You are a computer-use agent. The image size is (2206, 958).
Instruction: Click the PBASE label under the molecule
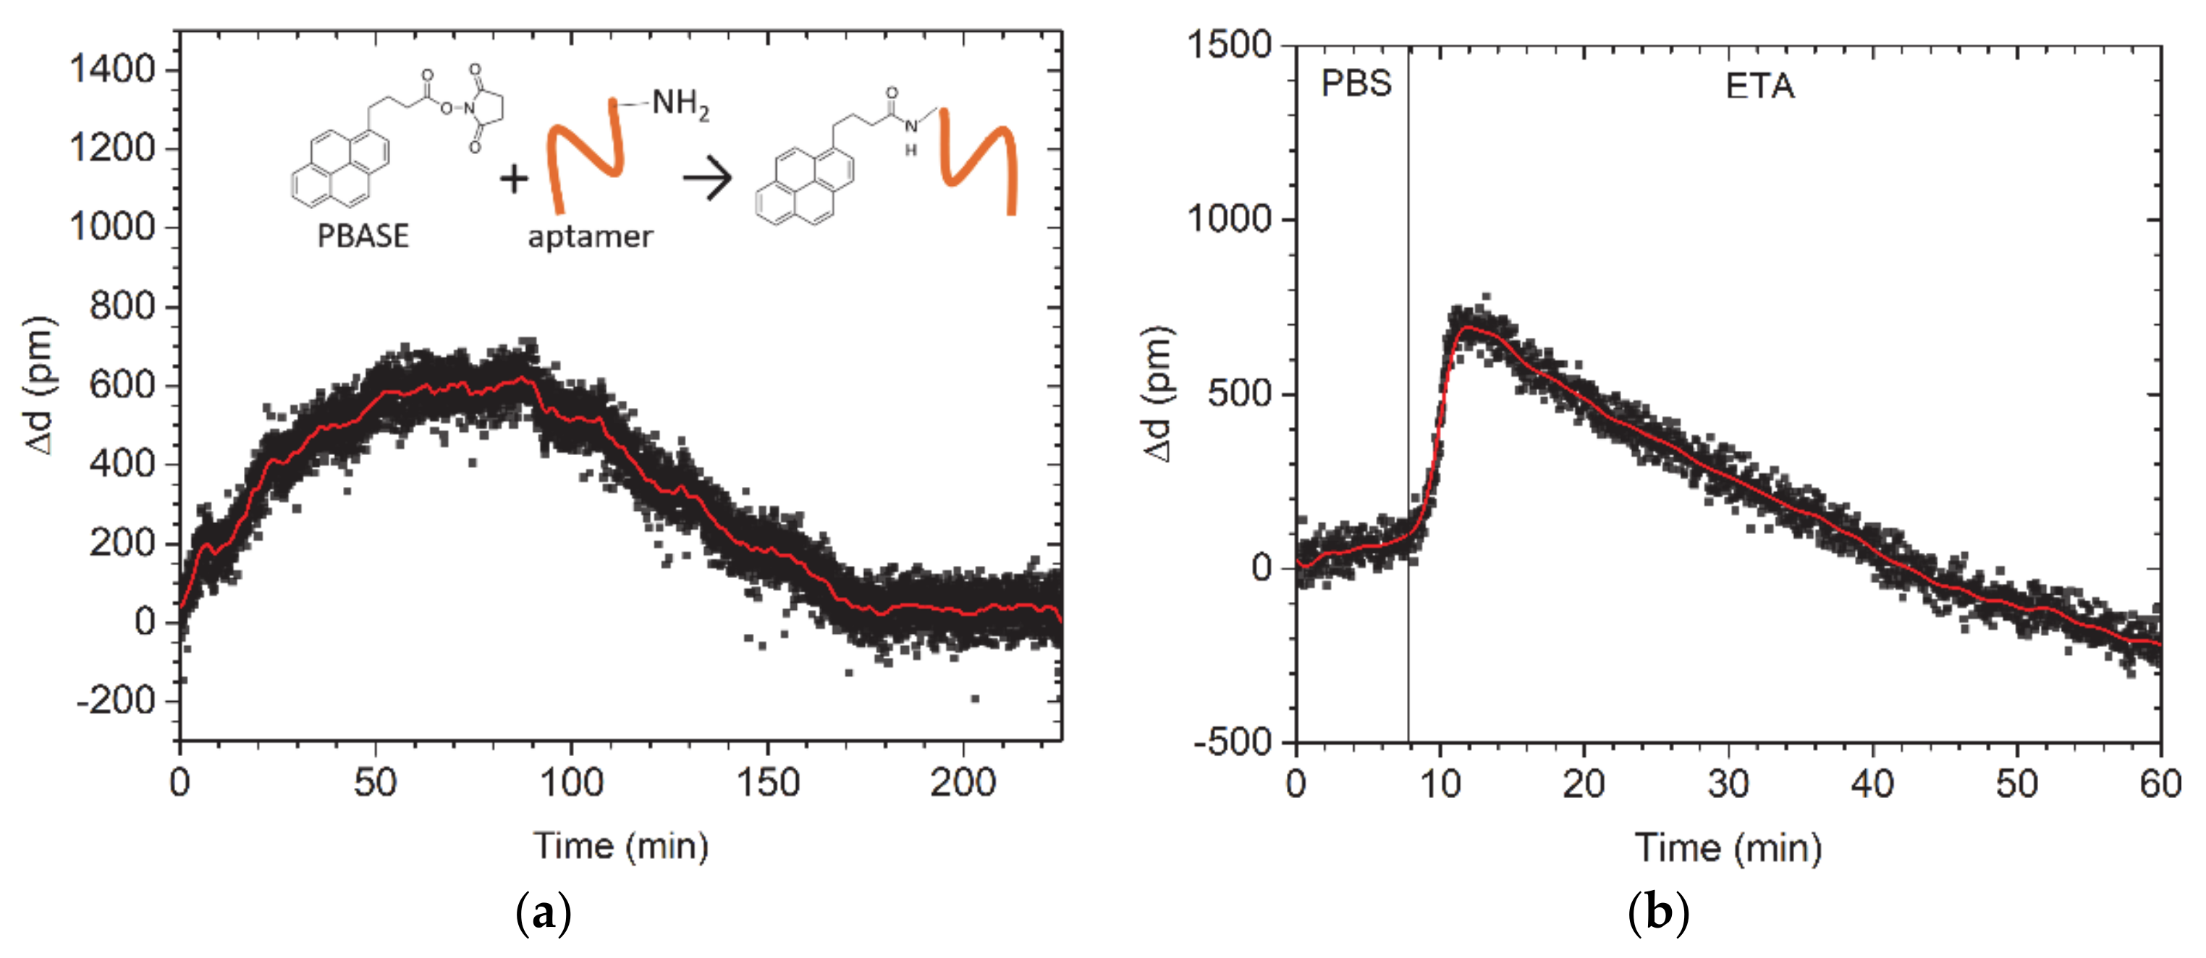pyautogui.click(x=363, y=235)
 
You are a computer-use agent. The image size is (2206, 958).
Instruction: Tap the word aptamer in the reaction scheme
pyautogui.click(x=590, y=237)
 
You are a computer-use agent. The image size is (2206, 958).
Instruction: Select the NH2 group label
pyautogui.click(x=680, y=103)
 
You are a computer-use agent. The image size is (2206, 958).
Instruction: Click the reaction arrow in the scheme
pyautogui.click(x=707, y=179)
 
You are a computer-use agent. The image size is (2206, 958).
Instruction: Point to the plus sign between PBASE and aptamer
pyautogui.click(x=514, y=179)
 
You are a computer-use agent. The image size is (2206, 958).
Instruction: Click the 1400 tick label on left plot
pyautogui.click(x=112, y=69)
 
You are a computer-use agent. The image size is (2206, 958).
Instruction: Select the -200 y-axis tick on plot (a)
pyautogui.click(x=117, y=701)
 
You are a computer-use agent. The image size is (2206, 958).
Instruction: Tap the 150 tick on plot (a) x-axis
pyautogui.click(x=767, y=782)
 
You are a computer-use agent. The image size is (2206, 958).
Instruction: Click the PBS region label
pyautogui.click(x=1356, y=84)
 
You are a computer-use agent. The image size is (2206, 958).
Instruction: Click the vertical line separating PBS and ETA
pyautogui.click(x=1408, y=428)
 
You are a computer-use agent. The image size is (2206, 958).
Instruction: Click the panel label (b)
pyautogui.click(x=1658, y=912)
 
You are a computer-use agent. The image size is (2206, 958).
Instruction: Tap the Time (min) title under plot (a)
pyautogui.click(x=621, y=846)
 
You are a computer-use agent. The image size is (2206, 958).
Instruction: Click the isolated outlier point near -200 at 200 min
pyautogui.click(x=975, y=698)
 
